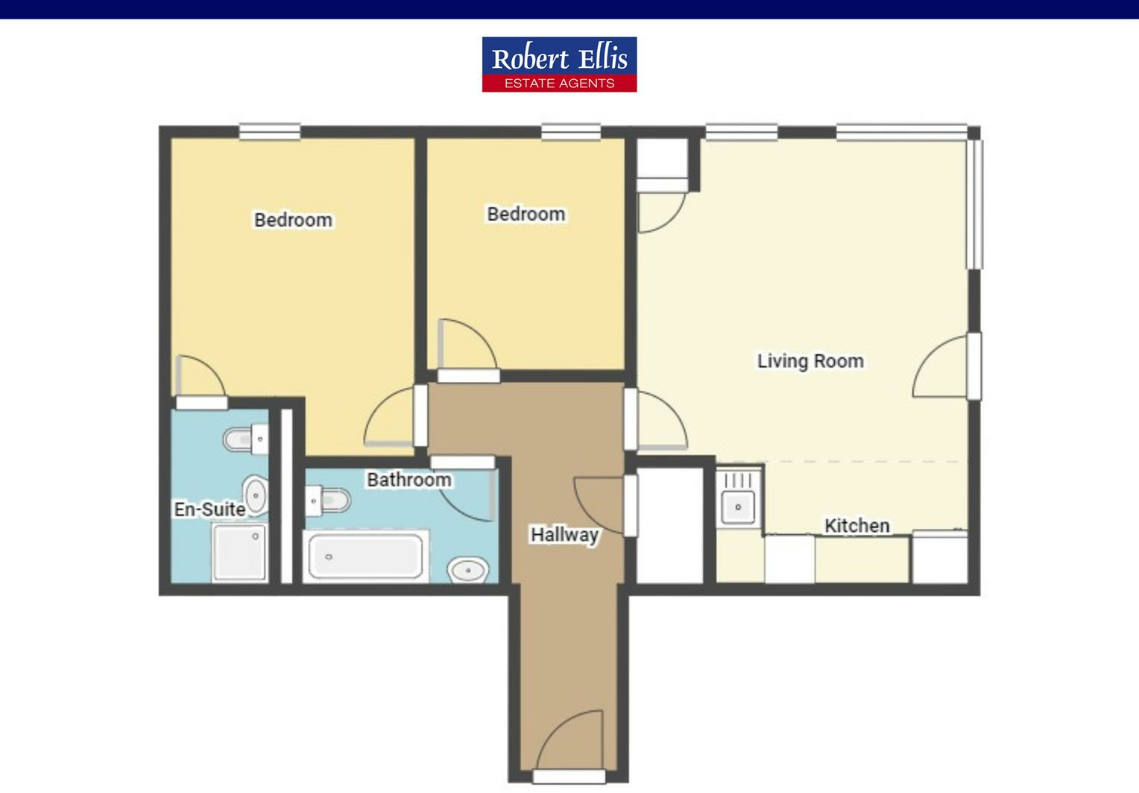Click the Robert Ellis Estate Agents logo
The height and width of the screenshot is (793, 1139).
[559, 64]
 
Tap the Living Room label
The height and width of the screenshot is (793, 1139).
[810, 361]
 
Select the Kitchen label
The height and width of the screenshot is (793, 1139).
[856, 525]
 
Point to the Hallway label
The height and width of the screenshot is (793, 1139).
[564, 534]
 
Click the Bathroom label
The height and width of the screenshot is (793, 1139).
[408, 479]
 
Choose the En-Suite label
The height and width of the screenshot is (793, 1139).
[209, 509]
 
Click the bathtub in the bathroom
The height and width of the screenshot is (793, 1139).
[365, 556]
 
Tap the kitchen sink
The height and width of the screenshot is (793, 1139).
[738, 507]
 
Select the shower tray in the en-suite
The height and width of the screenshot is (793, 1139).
[239, 552]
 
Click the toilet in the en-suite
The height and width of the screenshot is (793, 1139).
[244, 439]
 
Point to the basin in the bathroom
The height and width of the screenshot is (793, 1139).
[468, 571]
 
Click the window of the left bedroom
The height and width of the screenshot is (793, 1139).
[270, 132]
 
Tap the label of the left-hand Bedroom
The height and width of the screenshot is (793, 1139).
[293, 220]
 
